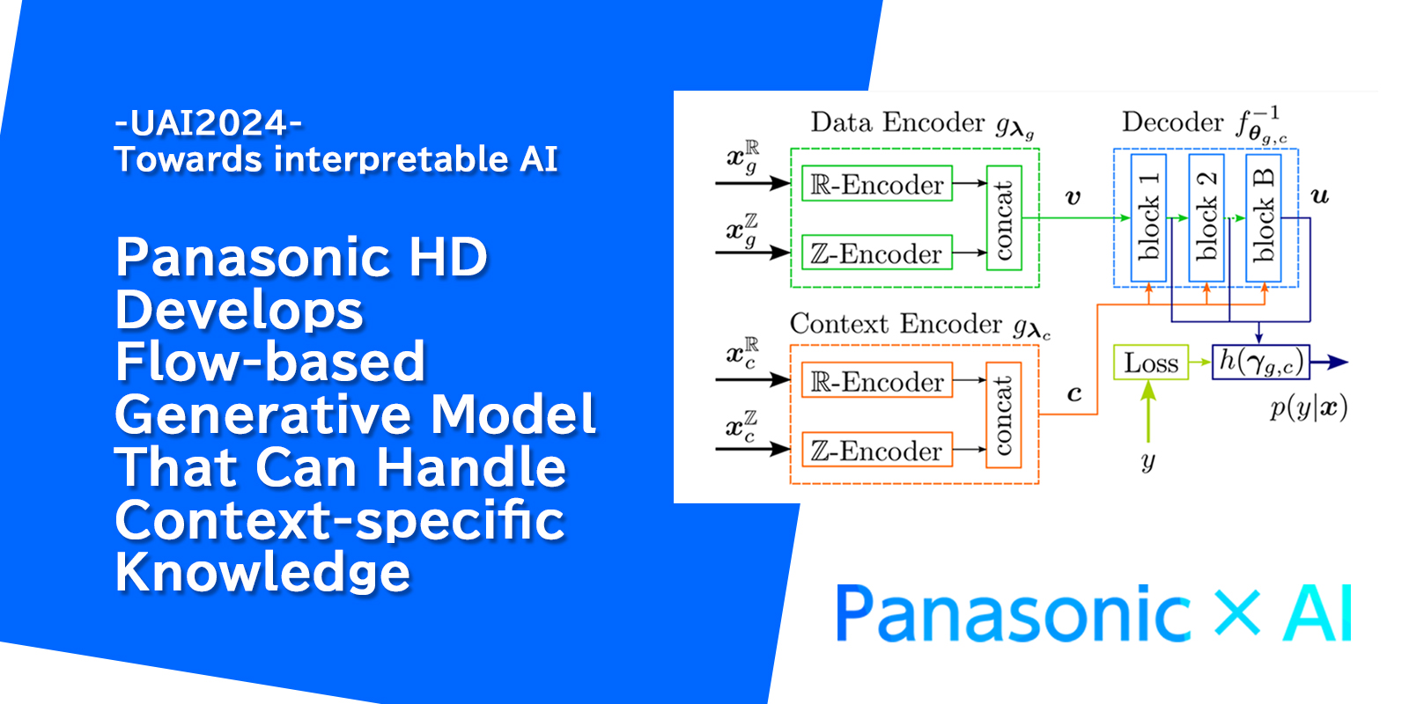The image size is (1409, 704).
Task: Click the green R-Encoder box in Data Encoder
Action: click(876, 184)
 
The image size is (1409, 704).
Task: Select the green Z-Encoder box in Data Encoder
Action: click(876, 253)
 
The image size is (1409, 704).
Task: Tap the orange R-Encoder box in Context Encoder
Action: click(876, 381)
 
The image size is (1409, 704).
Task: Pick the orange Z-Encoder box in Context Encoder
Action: click(876, 450)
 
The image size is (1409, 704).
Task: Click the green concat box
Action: click(1004, 218)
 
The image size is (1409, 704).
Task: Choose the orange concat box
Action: click(1004, 415)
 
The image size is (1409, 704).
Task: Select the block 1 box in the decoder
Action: click(1148, 217)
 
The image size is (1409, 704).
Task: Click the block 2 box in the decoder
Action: click(1206, 217)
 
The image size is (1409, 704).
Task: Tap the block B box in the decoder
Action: click(1264, 217)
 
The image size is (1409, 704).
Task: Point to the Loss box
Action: click(1151, 363)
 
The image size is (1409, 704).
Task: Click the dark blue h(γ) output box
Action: click(1260, 362)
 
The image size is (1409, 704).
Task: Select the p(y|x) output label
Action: click(1308, 408)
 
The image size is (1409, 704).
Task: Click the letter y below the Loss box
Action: click(1147, 461)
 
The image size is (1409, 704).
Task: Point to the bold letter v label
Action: click(1073, 197)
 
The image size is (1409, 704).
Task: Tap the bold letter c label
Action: click(1073, 393)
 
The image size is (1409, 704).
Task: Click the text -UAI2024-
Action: click(208, 123)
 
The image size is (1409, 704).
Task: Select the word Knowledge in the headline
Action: click(262, 572)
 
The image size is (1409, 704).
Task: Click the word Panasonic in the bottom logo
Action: click(1013, 613)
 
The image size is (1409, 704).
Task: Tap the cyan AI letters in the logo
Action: click(1317, 613)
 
